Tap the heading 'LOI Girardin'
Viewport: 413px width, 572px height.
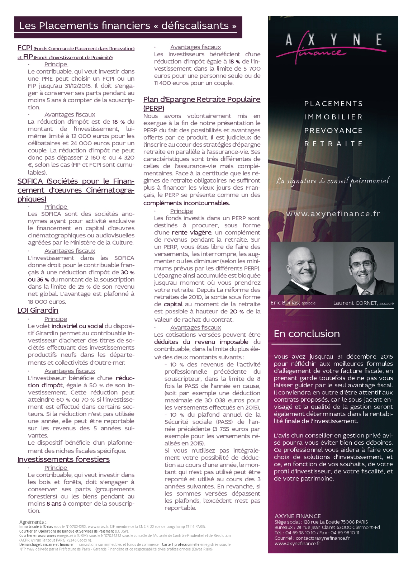38,311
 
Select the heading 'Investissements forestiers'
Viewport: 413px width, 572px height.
63,460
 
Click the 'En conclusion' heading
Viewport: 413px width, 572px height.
307,334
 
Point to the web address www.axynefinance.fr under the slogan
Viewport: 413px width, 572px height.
333,214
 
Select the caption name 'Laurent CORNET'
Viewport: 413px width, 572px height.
355,303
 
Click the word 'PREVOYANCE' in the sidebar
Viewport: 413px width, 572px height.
333,131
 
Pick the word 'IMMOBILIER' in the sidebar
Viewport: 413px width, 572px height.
333,117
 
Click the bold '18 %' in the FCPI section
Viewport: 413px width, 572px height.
119,122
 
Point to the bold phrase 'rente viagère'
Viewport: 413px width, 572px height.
191,232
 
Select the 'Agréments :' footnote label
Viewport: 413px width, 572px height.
33,522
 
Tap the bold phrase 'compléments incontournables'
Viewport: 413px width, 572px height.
186,203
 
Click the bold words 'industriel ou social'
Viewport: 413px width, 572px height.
77,326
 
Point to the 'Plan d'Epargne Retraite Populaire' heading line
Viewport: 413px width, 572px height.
201,100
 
